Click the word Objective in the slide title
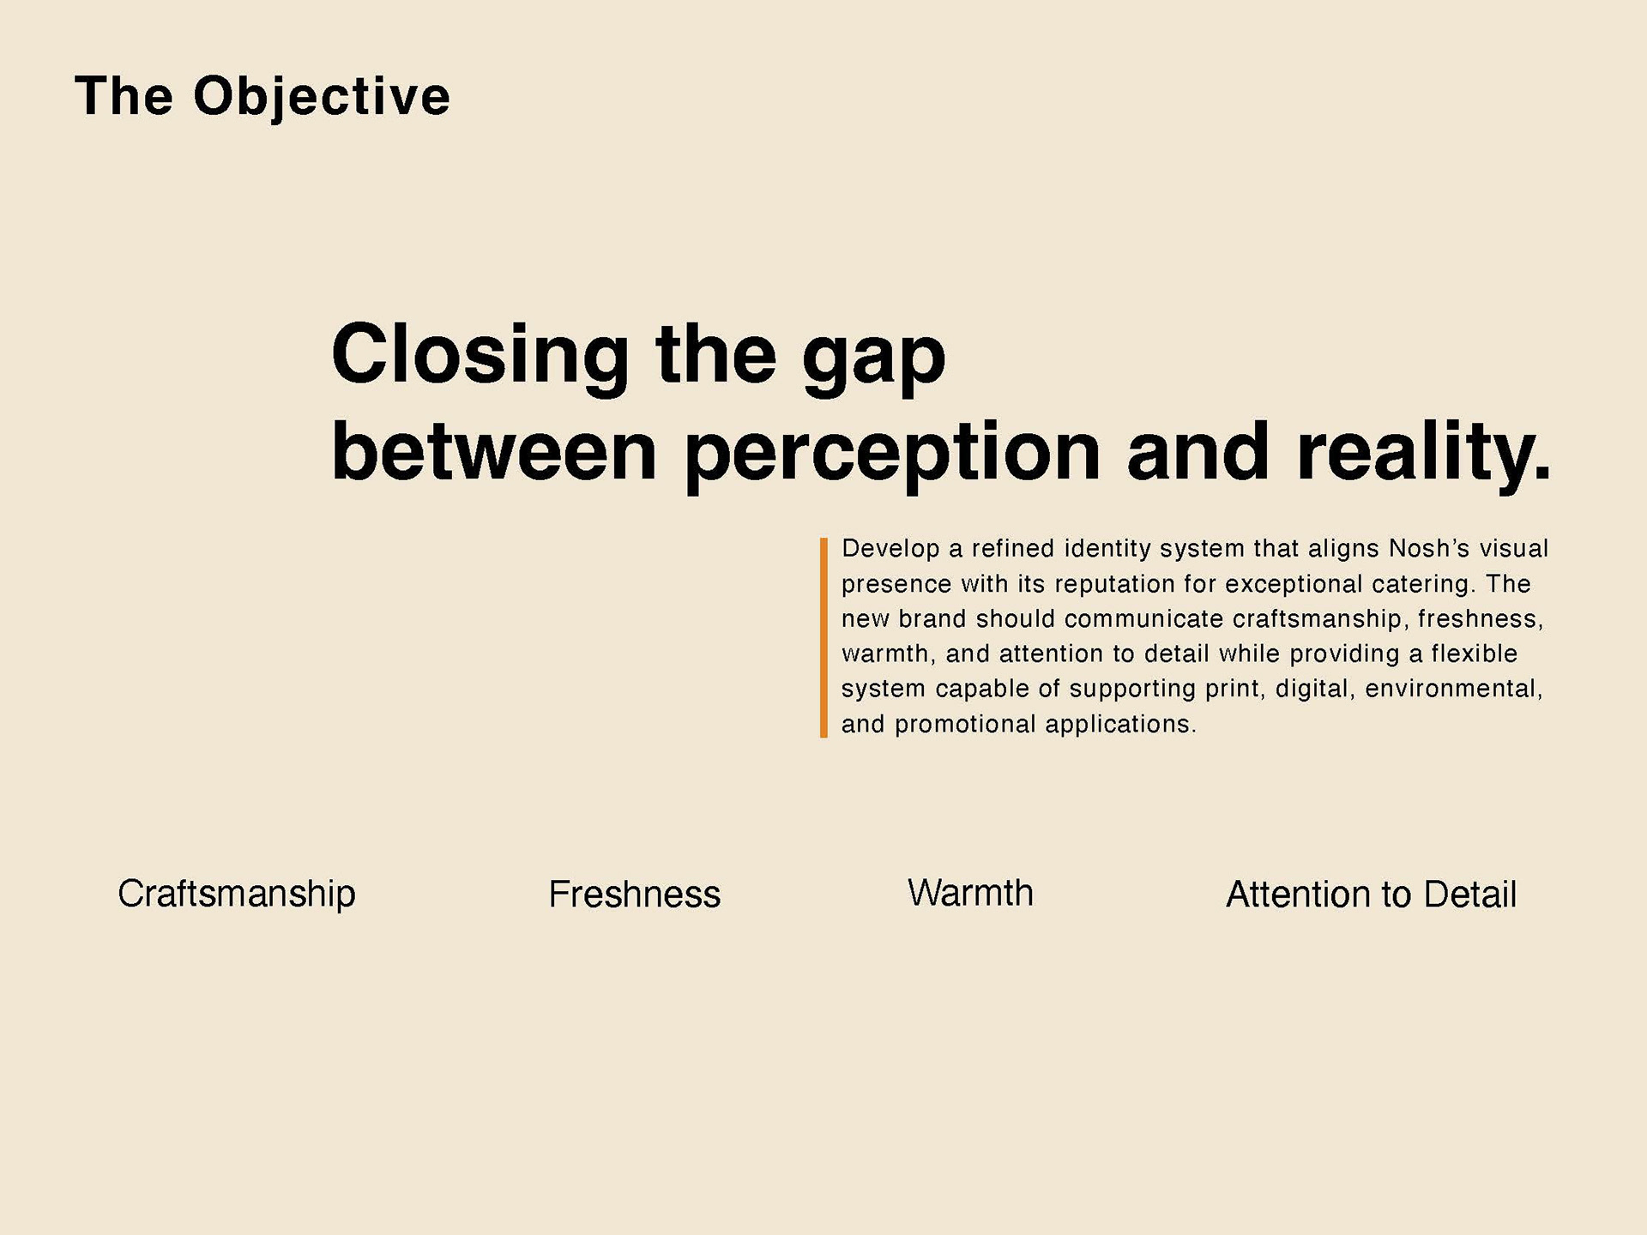pos(322,97)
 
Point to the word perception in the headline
pos(892,455)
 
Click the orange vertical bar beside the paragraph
pos(823,637)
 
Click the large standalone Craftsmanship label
pos(237,895)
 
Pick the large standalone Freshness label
pos(635,895)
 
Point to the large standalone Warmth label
pos(970,893)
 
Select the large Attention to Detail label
pos(1372,895)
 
